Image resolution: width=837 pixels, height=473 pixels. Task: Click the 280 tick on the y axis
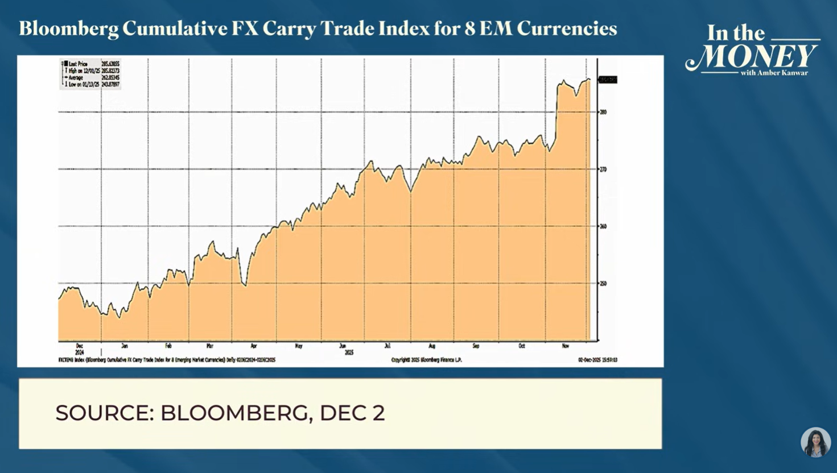tap(603, 112)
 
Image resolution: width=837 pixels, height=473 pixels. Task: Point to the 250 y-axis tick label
tap(603, 283)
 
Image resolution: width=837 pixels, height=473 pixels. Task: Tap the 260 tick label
tap(603, 226)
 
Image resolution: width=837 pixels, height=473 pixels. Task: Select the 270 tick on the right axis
tap(603, 169)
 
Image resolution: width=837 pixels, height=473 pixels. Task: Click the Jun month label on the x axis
tap(343, 346)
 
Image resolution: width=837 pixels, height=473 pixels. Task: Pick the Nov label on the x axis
tap(565, 346)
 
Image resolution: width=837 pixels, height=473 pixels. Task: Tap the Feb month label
tap(168, 346)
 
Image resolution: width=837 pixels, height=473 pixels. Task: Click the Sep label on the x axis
tap(476, 346)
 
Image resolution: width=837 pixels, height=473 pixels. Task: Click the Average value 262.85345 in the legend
tap(110, 77)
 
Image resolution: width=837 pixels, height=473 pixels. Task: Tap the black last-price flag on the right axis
tap(608, 80)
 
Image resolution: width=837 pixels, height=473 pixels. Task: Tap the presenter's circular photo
tap(815, 442)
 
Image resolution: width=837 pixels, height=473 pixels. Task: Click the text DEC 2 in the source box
tap(352, 413)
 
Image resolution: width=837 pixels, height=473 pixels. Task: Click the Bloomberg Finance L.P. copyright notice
tap(427, 360)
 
